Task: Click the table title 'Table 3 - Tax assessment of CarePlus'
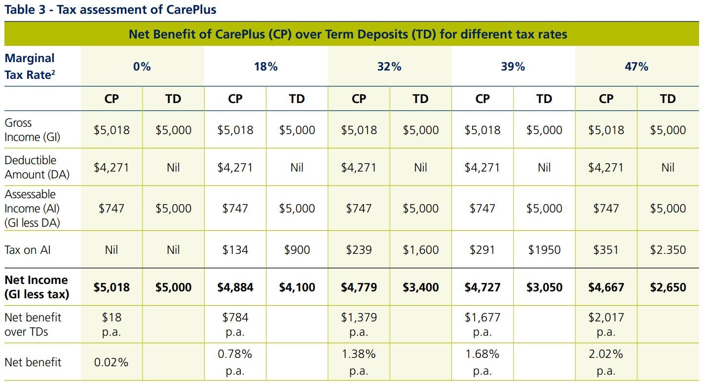pos(110,9)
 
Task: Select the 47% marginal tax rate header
pos(636,67)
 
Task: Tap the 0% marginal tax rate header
pos(142,67)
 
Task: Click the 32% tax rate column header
pos(389,67)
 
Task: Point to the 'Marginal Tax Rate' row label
pos(30,67)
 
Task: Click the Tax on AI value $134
pos(235,250)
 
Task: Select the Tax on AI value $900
pos(297,250)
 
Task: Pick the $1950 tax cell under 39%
pos(544,250)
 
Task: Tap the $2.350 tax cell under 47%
pos(668,250)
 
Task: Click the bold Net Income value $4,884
pos(235,287)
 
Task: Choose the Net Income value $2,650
pos(668,287)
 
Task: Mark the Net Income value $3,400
pos(420,287)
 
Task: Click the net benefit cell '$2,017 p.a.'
pos(606,324)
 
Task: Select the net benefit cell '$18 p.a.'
pos(111,324)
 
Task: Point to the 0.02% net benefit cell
pos(111,362)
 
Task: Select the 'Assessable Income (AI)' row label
pos(32,208)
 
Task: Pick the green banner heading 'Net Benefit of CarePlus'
pos(348,35)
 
